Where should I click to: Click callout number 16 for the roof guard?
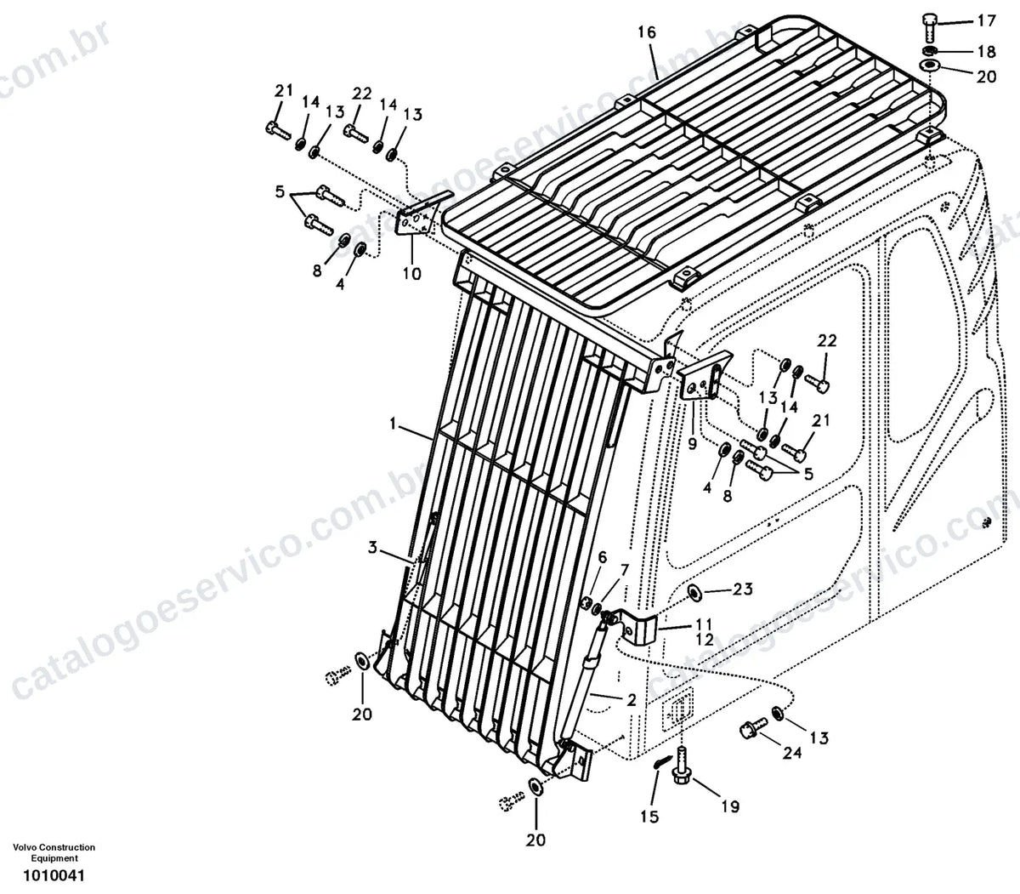[647, 33]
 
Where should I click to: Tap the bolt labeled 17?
[929, 28]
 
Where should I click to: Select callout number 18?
[987, 51]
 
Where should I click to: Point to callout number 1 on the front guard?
[393, 424]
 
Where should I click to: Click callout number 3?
[372, 547]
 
